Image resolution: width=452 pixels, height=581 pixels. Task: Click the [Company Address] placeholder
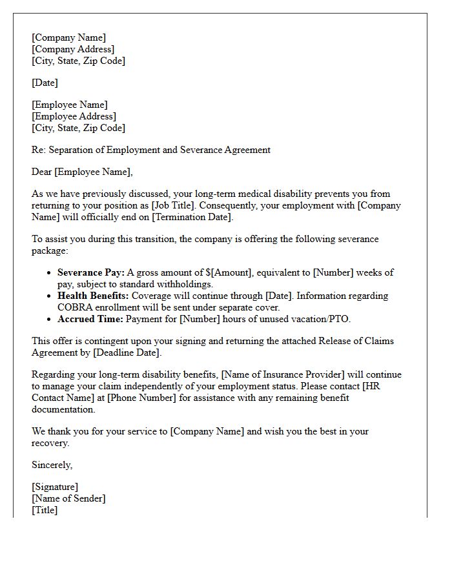coord(73,49)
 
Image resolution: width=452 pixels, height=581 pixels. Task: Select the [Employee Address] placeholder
coord(74,116)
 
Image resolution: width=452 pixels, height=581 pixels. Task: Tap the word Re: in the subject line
coord(38,150)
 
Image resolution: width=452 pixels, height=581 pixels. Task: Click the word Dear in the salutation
coord(43,172)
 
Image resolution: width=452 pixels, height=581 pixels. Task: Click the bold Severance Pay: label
coord(91,272)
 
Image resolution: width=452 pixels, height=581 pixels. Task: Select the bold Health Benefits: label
coord(93,296)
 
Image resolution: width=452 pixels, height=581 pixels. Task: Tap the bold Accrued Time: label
coord(90,319)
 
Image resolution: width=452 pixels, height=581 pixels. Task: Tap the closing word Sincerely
coord(52,465)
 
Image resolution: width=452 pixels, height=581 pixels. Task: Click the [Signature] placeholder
coord(55,487)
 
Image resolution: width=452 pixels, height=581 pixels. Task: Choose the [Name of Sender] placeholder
coord(68,498)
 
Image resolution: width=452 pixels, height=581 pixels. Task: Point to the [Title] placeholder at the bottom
coord(45,510)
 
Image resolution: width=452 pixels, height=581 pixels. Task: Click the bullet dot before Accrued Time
coord(49,320)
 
